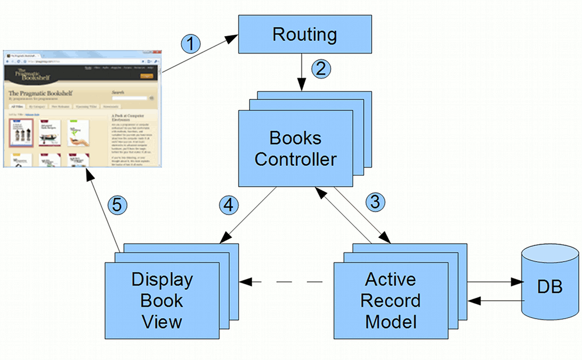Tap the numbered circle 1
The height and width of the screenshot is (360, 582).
coord(191,44)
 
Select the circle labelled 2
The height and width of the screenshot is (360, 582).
coord(321,69)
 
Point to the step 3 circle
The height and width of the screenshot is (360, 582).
coord(375,202)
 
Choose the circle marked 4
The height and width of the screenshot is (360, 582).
coord(229,205)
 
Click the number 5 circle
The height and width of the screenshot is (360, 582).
coord(118,205)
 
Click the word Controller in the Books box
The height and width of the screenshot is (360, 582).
coord(295,158)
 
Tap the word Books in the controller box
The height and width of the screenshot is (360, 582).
coord(295,138)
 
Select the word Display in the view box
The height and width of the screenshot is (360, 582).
coord(161,279)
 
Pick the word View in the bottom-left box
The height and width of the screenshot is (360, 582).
coord(161,322)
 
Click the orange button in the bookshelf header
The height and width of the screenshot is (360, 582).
coord(147,75)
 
